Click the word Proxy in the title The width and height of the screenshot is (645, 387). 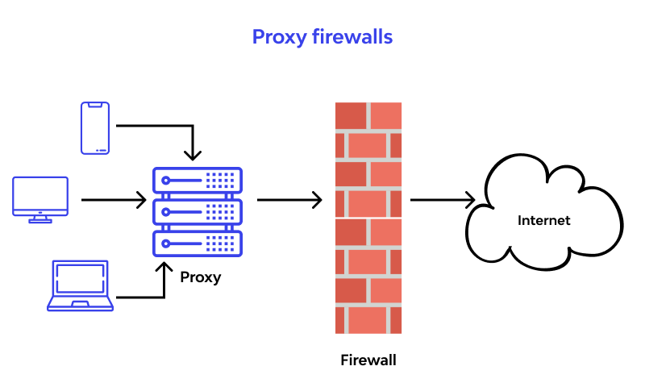pyautogui.click(x=279, y=37)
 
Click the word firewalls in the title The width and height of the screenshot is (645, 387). pyautogui.click(x=352, y=36)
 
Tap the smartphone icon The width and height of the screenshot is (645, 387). pyautogui.click(x=95, y=128)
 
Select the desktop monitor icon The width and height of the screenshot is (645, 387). pyautogui.click(x=40, y=200)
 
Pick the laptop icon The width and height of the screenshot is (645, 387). pyautogui.click(x=80, y=285)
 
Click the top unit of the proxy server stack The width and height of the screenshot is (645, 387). pyautogui.click(x=198, y=180)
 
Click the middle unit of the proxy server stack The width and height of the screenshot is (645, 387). pyautogui.click(x=198, y=212)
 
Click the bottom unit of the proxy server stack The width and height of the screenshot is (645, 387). pyautogui.click(x=198, y=243)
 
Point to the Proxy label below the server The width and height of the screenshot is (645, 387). pyautogui.click(x=200, y=277)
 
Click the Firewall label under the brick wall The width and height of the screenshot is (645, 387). pyautogui.click(x=368, y=360)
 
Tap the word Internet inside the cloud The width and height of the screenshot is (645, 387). pyautogui.click(x=543, y=220)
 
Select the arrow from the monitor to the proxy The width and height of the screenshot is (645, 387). pyautogui.click(x=114, y=200)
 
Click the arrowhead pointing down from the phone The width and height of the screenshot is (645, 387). pyautogui.click(x=193, y=156)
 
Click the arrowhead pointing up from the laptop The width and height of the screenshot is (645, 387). pyautogui.click(x=164, y=268)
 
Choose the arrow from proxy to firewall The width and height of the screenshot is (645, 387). pyautogui.click(x=289, y=200)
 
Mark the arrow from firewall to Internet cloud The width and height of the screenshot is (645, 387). pyautogui.click(x=443, y=200)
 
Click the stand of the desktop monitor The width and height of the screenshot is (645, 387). pyautogui.click(x=40, y=219)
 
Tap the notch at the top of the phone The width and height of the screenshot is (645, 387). pyautogui.click(x=95, y=105)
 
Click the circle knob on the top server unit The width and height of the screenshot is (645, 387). pyautogui.click(x=165, y=180)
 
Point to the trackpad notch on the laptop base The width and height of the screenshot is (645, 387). pyautogui.click(x=80, y=304)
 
